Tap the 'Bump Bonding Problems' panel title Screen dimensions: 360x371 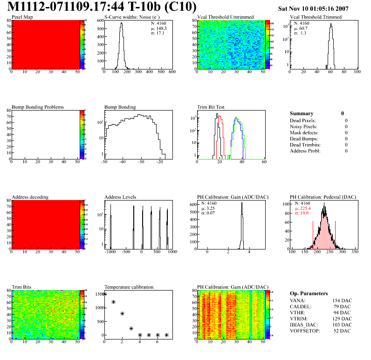pos(38,107)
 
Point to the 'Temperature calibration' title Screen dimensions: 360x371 pos(129,287)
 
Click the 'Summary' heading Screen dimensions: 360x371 pos(302,113)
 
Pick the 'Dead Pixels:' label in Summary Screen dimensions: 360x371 pos(303,120)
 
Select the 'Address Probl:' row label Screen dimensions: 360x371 pos(305,151)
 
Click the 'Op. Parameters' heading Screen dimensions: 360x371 pos(309,293)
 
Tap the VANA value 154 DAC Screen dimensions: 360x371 pos(341,300)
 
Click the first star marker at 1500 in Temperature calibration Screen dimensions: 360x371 pos(104,294)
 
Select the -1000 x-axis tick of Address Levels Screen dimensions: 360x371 pos(110,251)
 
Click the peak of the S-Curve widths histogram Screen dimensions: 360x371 pos(121,24)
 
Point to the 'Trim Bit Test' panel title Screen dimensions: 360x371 pos(211,107)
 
